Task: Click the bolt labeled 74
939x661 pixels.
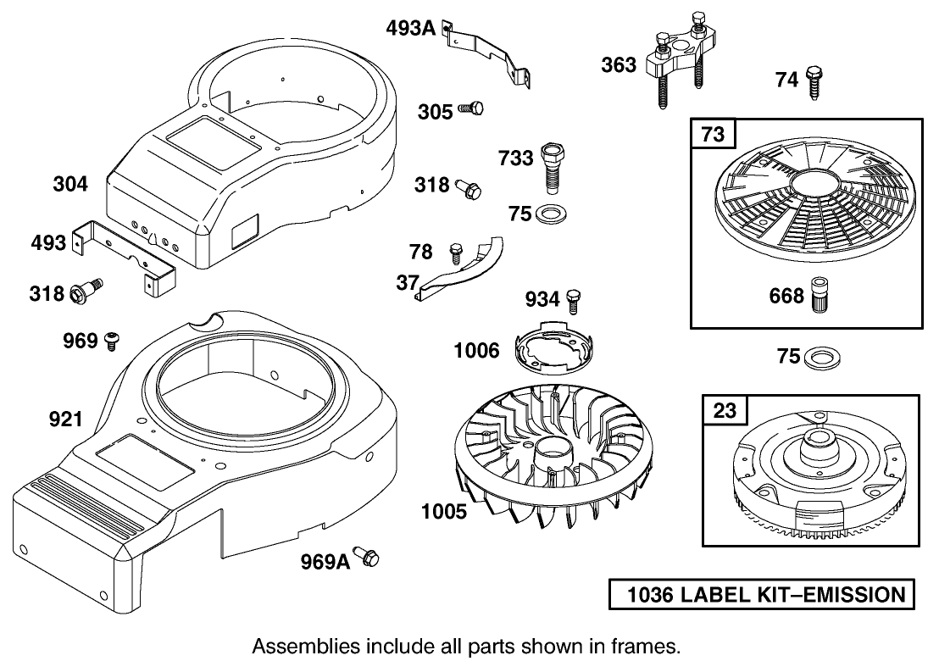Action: tap(813, 85)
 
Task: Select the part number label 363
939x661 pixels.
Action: tap(619, 64)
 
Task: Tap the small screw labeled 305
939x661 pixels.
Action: tap(471, 108)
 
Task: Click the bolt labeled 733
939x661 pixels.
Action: tap(552, 166)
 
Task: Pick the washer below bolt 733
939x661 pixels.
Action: tap(552, 213)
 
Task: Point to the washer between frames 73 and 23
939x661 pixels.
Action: tap(819, 357)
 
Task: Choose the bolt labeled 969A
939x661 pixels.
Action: tap(367, 558)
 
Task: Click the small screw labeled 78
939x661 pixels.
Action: tap(456, 251)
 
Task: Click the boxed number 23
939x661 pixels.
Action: tap(725, 410)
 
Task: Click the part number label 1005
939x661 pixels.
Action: tap(444, 511)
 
